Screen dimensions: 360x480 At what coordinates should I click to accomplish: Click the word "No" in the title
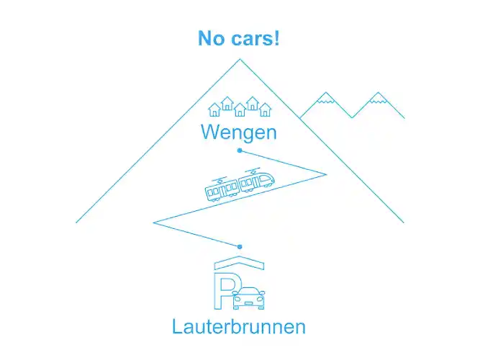(x=212, y=38)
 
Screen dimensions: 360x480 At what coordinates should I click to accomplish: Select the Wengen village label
(x=239, y=132)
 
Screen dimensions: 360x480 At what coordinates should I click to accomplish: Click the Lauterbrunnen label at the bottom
(x=239, y=326)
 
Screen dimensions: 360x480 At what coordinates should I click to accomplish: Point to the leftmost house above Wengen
(x=214, y=110)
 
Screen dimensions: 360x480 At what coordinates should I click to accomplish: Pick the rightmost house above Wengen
(x=265, y=110)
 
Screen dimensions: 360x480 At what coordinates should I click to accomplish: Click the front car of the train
(x=257, y=181)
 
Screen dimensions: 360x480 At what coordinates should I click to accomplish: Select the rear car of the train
(x=222, y=190)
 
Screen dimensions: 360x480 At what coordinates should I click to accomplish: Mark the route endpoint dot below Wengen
(x=240, y=150)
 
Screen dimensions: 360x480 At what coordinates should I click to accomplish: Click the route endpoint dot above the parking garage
(x=240, y=247)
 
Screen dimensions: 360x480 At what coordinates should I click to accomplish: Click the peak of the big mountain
(x=240, y=60)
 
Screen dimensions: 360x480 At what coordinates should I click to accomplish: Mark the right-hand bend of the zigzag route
(x=325, y=174)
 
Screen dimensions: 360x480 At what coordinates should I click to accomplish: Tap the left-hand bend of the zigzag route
(x=154, y=222)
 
